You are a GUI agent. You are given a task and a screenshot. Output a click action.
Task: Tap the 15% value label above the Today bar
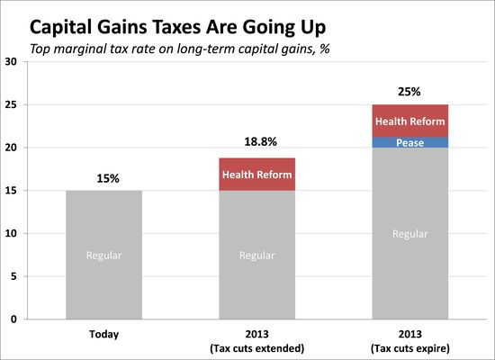pyautogui.click(x=104, y=178)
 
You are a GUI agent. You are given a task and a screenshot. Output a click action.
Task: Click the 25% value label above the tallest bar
pyautogui.click(x=411, y=90)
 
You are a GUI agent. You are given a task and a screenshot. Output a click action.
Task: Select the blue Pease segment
pyautogui.click(x=411, y=142)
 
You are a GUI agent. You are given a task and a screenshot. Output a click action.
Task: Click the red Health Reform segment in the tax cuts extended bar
pyautogui.click(x=258, y=175)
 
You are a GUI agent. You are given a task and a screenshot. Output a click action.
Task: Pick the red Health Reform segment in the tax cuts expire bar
pyautogui.click(x=411, y=121)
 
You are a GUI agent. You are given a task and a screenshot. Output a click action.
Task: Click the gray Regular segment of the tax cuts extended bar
pyautogui.click(x=258, y=255)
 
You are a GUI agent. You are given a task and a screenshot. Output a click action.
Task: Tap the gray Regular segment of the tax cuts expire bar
pyautogui.click(x=411, y=234)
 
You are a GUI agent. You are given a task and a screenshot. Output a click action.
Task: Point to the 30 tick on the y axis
pyautogui.click(x=11, y=62)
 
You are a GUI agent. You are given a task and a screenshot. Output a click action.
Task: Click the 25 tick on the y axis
pyautogui.click(x=11, y=104)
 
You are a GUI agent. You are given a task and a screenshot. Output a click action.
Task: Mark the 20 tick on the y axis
pyautogui.click(x=11, y=148)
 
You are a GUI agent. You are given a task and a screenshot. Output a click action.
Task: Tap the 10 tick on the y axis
pyautogui.click(x=11, y=233)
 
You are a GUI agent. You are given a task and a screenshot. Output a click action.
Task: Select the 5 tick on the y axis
pyautogui.click(x=13, y=276)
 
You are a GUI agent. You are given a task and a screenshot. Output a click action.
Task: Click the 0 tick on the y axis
pyautogui.click(x=13, y=319)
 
